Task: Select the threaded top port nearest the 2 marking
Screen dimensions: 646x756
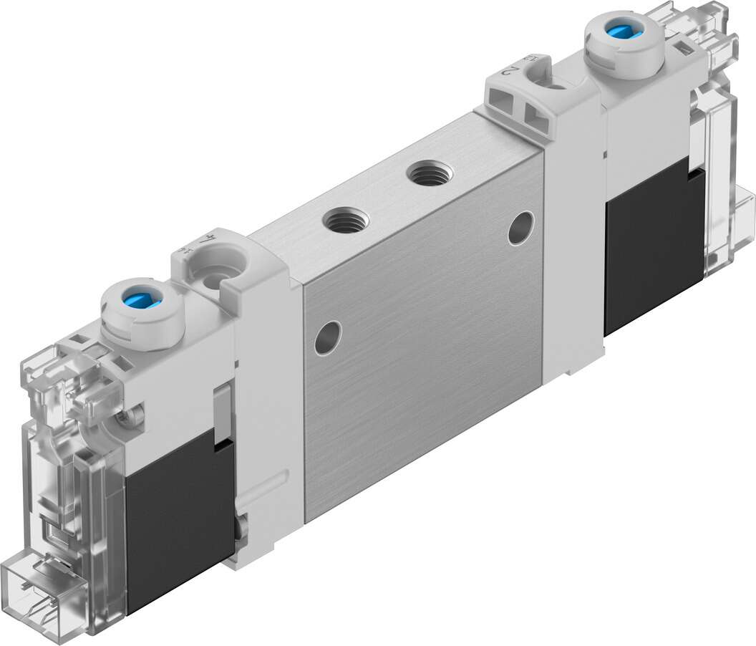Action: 429,173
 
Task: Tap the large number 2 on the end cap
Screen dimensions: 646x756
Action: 512,72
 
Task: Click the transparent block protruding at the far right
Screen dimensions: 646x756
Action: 745,222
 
